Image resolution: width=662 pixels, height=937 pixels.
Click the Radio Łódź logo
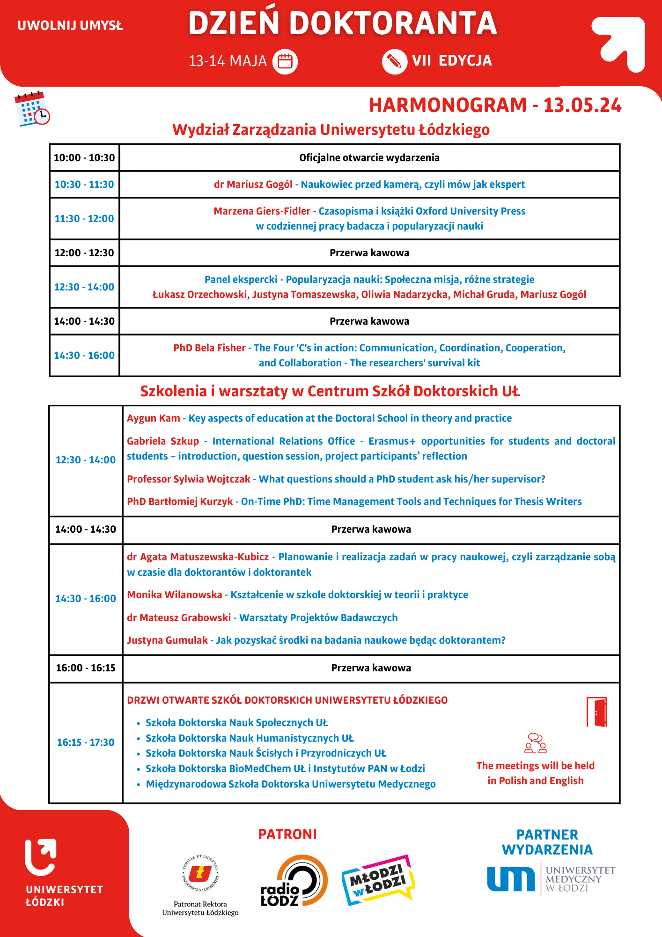pyautogui.click(x=294, y=881)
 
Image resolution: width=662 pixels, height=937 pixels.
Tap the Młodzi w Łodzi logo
pyautogui.click(x=378, y=880)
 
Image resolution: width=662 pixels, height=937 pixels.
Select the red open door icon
pyautogui.click(x=597, y=712)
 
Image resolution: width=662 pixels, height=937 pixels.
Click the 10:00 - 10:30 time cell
pyautogui.click(x=84, y=157)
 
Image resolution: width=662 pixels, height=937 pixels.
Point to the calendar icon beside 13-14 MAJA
pyautogui.click(x=285, y=61)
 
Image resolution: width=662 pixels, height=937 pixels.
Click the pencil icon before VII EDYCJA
pyautogui.click(x=394, y=61)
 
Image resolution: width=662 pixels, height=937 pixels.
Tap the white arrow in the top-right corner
pyautogui.click(x=619, y=44)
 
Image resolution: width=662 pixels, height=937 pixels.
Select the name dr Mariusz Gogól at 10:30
pyautogui.click(x=253, y=185)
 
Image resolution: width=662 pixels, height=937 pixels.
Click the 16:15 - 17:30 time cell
pyautogui.click(x=86, y=742)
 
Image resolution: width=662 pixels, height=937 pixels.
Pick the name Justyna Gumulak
pyautogui.click(x=167, y=640)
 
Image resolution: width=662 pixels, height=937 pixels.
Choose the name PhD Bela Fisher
pyautogui.click(x=209, y=348)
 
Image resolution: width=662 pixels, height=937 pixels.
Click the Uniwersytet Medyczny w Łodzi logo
pyautogui.click(x=551, y=879)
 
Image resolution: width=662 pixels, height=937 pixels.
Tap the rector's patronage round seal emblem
pyautogui.click(x=200, y=873)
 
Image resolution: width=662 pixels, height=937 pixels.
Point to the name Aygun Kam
pyautogui.click(x=154, y=418)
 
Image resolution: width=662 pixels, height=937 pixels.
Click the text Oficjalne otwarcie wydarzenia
pyautogui.click(x=369, y=157)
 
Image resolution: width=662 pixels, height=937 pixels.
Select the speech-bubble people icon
pyautogui.click(x=536, y=743)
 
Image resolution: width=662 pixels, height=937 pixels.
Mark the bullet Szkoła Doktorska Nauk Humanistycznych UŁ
pyautogui.click(x=250, y=738)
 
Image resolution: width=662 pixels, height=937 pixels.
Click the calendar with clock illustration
pyautogui.click(x=32, y=109)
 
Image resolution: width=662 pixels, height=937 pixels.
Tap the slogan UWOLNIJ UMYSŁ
pyautogui.click(x=70, y=26)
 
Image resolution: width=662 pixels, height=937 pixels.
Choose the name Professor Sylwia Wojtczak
pyautogui.click(x=189, y=479)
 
